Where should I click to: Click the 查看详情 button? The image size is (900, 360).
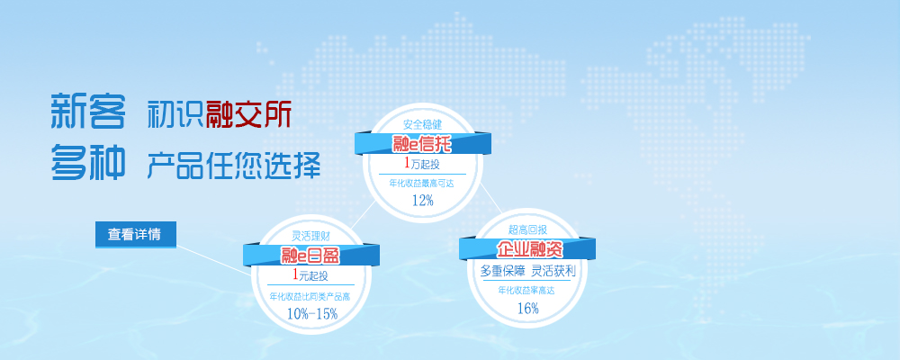click(135, 234)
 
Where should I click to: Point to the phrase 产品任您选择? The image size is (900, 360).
click(234, 165)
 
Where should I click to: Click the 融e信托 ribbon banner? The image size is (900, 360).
click(422, 143)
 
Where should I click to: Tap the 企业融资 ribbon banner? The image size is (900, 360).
click(527, 249)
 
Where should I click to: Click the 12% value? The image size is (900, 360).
click(423, 200)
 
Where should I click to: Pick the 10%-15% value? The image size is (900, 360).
click(311, 313)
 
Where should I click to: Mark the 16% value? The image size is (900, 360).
click(527, 309)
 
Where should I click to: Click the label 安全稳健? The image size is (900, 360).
click(423, 124)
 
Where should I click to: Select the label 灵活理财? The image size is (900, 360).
click(310, 236)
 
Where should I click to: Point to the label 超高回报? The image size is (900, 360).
click(527, 229)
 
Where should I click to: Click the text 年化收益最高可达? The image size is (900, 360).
click(423, 182)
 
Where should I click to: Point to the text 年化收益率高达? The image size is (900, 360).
click(527, 290)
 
